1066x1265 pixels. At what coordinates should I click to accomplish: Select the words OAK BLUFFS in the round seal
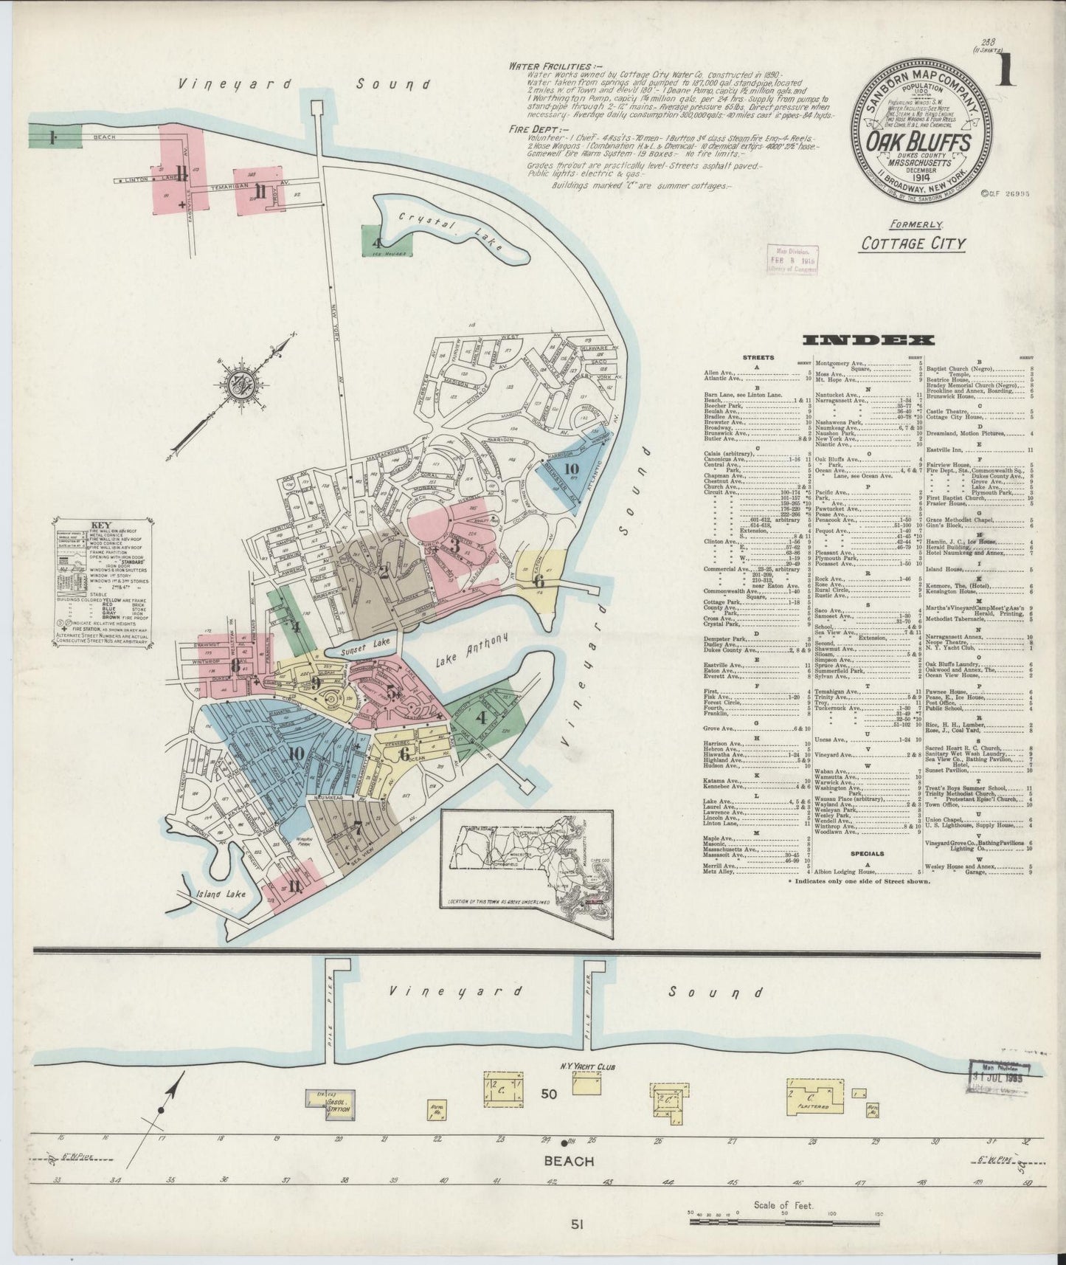(917, 139)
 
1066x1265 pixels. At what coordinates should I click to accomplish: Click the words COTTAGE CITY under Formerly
(913, 243)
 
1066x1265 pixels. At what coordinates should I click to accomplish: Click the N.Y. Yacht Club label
(587, 1066)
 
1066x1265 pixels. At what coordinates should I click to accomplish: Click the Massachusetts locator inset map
(527, 858)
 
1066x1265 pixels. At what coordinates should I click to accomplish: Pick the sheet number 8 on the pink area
(235, 666)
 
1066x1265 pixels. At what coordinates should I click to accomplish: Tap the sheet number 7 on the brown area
(357, 828)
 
